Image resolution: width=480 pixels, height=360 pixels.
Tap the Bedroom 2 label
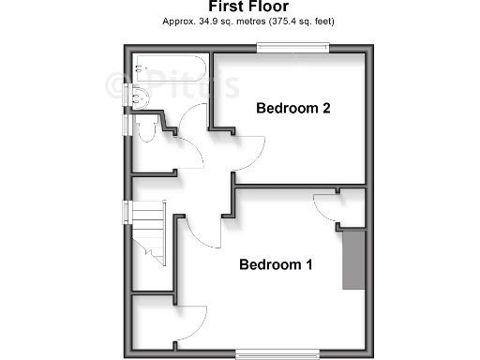(292, 109)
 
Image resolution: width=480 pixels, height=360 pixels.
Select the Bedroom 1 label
(276, 265)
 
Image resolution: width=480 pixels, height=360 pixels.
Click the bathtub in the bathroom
(169, 68)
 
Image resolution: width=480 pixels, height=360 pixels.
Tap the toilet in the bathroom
(147, 128)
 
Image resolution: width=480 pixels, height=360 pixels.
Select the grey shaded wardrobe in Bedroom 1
(352, 260)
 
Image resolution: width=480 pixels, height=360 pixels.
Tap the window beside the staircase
(125, 224)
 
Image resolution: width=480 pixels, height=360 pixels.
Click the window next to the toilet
(125, 127)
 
